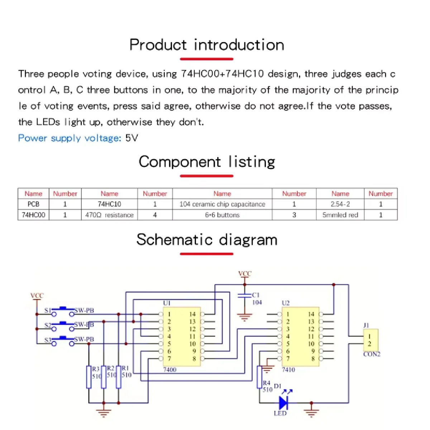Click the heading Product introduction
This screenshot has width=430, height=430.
[207, 45]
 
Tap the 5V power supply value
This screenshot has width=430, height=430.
[132, 138]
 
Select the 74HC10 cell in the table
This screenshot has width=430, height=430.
[109, 204]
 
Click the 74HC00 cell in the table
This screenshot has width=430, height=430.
[33, 215]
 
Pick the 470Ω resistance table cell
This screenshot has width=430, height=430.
[109, 215]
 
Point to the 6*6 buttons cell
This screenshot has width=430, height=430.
[222, 215]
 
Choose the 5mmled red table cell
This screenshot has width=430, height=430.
[340, 215]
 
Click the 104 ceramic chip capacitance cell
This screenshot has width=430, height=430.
[222, 204]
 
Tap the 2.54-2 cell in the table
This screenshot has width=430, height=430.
[340, 204]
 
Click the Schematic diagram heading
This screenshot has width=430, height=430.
[207, 240]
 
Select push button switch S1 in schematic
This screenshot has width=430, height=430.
[63, 312]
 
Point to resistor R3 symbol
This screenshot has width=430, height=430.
[89, 377]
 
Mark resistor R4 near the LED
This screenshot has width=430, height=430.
[259, 377]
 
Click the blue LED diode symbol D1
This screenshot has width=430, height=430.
[284, 403]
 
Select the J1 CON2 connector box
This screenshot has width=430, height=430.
[371, 340]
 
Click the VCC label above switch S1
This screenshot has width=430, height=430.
[37, 296]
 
